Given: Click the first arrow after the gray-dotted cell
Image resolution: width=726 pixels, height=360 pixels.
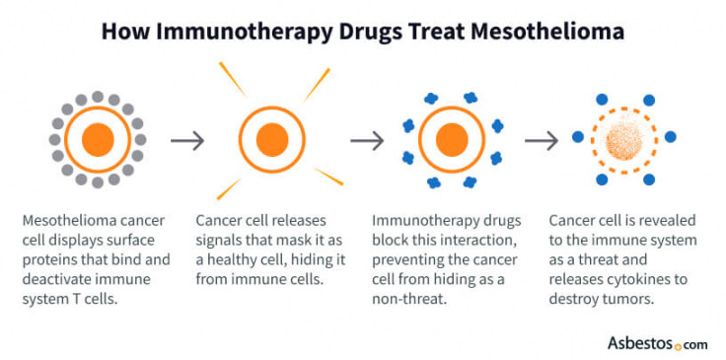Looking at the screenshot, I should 187,140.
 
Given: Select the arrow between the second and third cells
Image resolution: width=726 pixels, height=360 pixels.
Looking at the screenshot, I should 368,140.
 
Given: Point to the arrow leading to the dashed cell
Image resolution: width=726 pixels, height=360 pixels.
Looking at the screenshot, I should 542,140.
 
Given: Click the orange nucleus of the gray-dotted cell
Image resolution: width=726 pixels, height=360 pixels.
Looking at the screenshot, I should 98,139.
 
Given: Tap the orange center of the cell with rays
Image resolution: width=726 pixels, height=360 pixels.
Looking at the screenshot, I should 271,140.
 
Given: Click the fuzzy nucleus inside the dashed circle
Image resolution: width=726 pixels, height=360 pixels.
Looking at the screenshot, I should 622,140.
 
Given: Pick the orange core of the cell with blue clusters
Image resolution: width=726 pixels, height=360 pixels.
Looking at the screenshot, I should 451,140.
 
